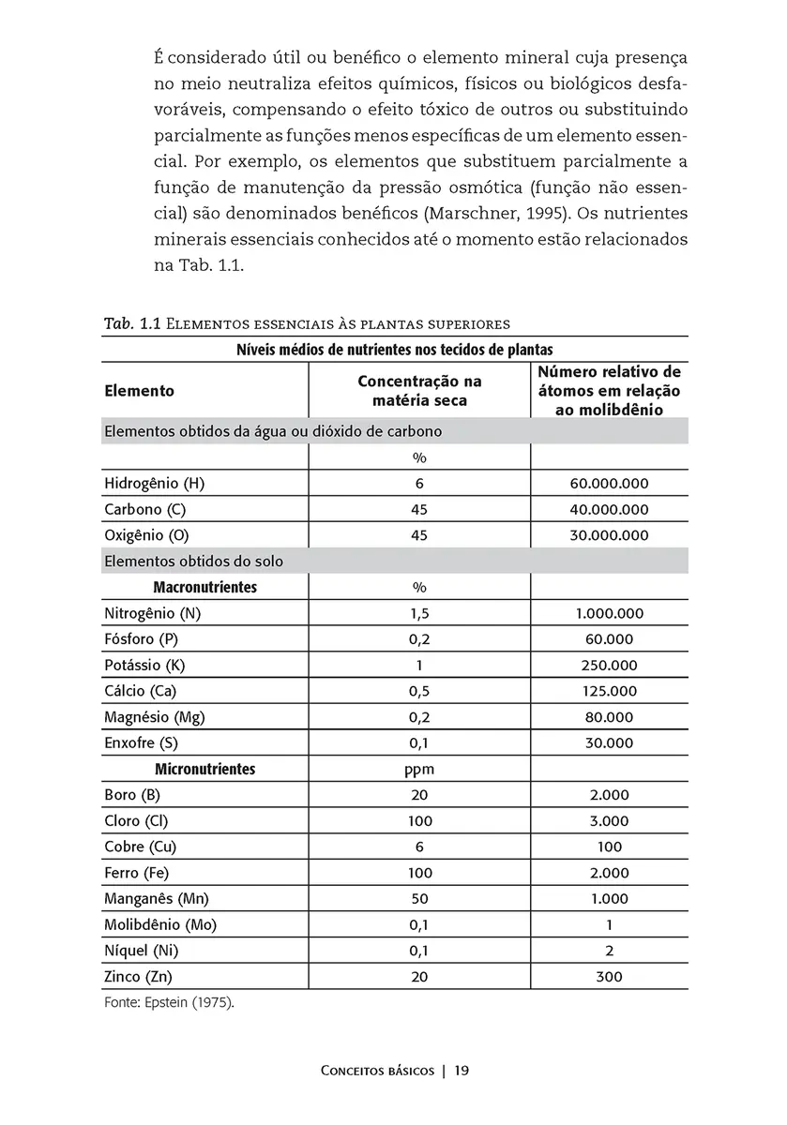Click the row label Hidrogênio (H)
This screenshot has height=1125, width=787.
(154, 484)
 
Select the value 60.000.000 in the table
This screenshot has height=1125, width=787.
(609, 484)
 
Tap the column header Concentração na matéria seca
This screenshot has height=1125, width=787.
(419, 391)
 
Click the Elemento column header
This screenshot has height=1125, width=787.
(139, 390)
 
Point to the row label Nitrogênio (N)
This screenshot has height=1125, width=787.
(153, 614)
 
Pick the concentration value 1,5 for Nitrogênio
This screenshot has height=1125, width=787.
(419, 614)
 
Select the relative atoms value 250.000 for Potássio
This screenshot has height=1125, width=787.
(609, 666)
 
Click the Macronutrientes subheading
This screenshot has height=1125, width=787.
(204, 588)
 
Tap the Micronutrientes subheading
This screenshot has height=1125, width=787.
(204, 769)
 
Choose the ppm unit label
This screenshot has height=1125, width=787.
(419, 770)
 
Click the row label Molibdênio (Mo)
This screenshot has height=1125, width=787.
(160, 924)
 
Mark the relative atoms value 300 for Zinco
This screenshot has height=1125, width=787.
(609, 976)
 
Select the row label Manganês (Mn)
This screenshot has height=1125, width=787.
(156, 898)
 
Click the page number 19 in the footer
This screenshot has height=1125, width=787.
(462, 1070)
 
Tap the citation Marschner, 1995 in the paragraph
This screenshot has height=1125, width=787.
(515, 212)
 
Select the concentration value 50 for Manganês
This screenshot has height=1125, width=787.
(419, 898)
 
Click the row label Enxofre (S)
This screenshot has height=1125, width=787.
(141, 743)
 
